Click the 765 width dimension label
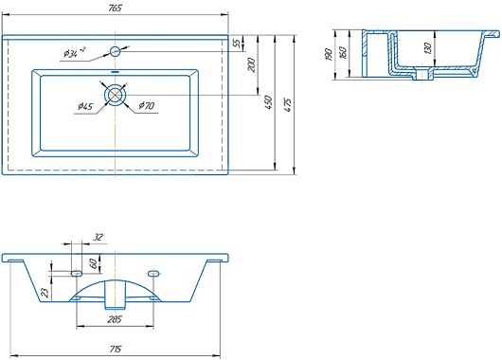(x=115, y=8)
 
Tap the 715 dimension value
(x=116, y=349)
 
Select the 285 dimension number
(x=115, y=319)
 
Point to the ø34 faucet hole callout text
(x=74, y=52)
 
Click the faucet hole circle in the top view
(x=115, y=51)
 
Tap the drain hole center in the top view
(x=115, y=95)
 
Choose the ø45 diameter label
(x=85, y=106)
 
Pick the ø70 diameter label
(x=147, y=105)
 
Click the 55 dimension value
(x=237, y=43)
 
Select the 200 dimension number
(x=252, y=65)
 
